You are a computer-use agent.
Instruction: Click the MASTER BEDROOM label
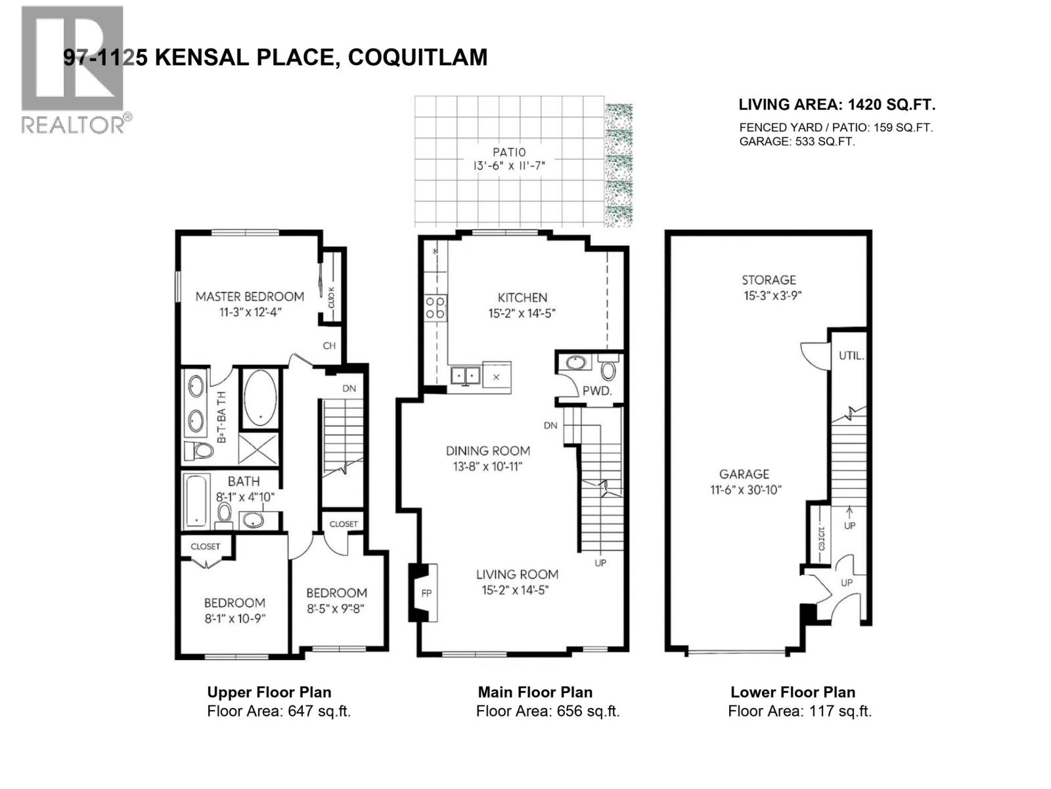pos(250,297)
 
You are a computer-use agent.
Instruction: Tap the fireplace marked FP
pos(426,593)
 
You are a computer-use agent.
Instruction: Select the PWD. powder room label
pos(596,391)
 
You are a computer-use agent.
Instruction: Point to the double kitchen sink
pos(466,376)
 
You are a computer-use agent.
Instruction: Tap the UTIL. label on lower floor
pos(851,356)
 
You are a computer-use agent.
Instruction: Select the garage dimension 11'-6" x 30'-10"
pos(744,490)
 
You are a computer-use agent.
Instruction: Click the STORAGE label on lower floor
pos(769,280)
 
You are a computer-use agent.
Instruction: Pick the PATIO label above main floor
pos(509,152)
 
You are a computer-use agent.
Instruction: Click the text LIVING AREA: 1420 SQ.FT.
pos(837,105)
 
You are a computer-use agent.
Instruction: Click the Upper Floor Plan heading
pos(269,692)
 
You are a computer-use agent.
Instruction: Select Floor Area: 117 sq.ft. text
pos(799,711)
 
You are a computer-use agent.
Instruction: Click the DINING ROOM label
pos(487,451)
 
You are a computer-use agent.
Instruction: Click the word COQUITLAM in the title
pos(417,57)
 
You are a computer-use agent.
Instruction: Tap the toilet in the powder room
pos(608,369)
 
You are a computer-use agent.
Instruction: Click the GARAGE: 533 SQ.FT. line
pos(797,141)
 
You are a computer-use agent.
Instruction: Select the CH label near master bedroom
pos(329,346)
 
